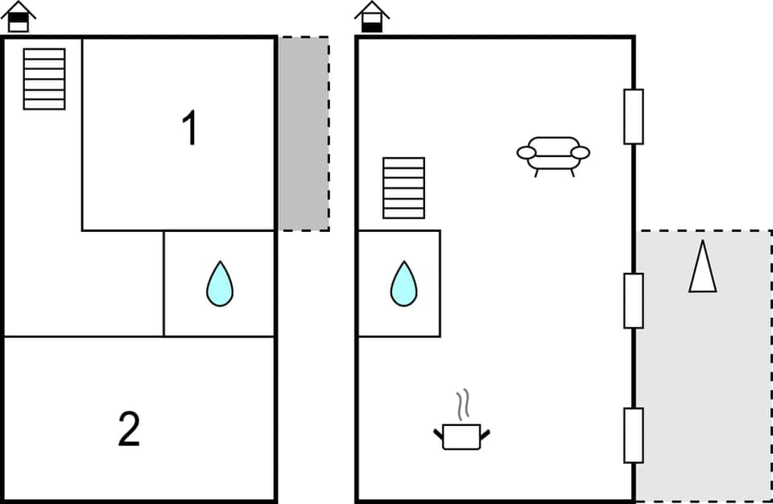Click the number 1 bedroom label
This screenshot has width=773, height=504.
(x=190, y=129)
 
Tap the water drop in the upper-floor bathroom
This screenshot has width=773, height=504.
(x=219, y=284)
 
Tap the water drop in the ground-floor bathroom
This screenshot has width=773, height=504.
(x=403, y=284)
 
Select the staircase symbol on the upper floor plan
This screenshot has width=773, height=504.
(x=44, y=79)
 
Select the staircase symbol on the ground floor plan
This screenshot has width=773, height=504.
(x=403, y=188)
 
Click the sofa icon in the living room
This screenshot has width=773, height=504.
(x=553, y=153)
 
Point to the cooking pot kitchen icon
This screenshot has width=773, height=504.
(x=461, y=436)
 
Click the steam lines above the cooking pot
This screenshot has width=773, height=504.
(x=461, y=405)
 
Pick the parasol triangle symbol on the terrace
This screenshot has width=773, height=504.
(x=703, y=267)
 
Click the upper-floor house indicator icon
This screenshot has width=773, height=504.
(x=19, y=17)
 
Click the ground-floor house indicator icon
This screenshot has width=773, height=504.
(x=371, y=17)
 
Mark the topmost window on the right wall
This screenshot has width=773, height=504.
(x=634, y=117)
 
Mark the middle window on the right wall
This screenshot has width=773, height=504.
(x=634, y=300)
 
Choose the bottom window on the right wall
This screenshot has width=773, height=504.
(x=634, y=436)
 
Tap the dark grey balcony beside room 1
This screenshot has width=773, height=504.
(x=304, y=133)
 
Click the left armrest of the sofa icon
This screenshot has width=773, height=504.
(x=526, y=153)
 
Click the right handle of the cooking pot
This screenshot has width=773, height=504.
(x=486, y=435)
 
